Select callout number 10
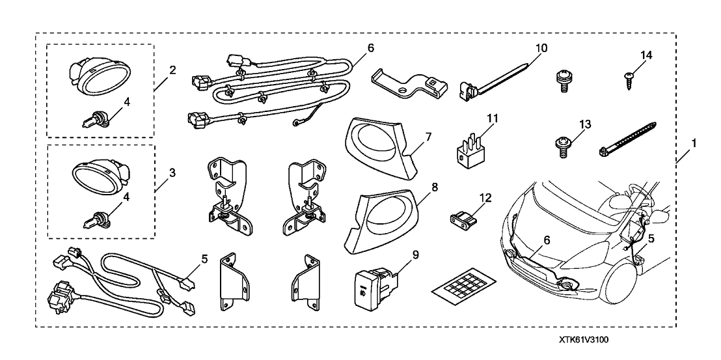pos(542,48)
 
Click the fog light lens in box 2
pos(97,77)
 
